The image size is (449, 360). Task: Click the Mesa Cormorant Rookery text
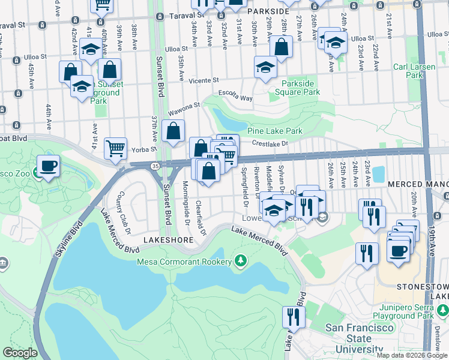[184, 262]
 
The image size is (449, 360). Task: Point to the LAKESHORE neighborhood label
[167, 240]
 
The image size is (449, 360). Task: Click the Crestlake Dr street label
[270, 143]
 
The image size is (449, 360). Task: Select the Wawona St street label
[184, 107]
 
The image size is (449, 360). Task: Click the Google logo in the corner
[20, 353]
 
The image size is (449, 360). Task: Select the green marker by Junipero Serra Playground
[442, 310]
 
